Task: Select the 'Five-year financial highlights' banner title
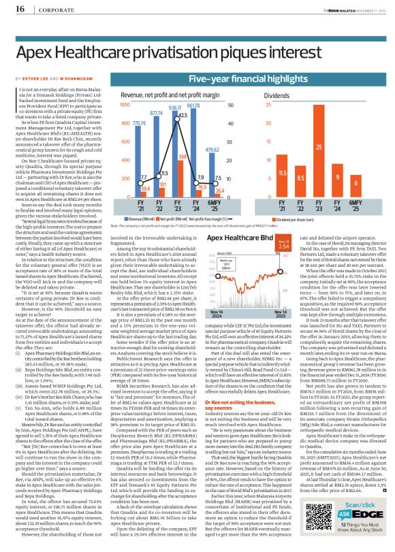coord(255,80)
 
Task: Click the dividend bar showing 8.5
coord(301,186)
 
